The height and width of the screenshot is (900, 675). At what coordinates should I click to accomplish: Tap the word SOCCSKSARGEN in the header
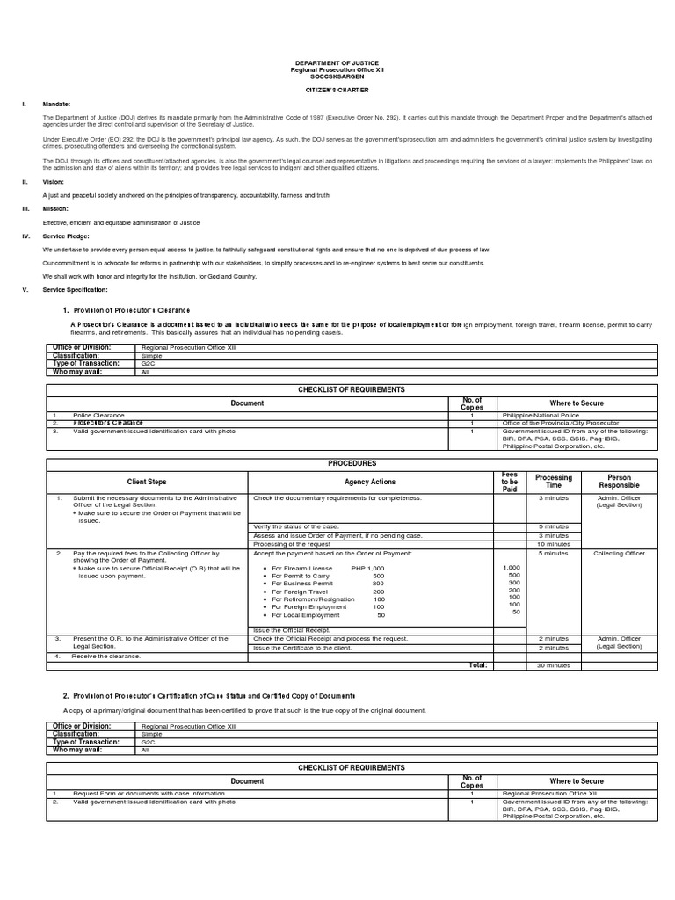337,76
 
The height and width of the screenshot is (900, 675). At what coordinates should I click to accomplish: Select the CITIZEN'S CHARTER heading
337,89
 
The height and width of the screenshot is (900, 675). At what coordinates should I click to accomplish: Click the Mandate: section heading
56,104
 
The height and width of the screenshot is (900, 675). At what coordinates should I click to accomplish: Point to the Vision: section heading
54,181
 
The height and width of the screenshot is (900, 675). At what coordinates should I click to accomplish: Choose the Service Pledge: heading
66,236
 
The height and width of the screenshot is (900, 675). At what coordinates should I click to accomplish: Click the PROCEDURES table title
352,463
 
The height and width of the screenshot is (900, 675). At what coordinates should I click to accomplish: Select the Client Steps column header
147,482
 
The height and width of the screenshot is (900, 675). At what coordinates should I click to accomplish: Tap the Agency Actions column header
370,482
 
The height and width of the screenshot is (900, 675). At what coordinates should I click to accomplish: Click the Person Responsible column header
620,482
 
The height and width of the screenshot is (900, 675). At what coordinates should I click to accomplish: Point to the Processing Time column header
554,482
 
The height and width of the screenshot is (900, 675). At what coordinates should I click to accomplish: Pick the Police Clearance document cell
93,414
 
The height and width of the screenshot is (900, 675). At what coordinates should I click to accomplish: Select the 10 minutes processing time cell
554,544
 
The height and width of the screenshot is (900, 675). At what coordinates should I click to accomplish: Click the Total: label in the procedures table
478,665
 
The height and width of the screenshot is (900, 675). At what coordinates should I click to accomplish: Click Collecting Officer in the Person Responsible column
620,554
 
